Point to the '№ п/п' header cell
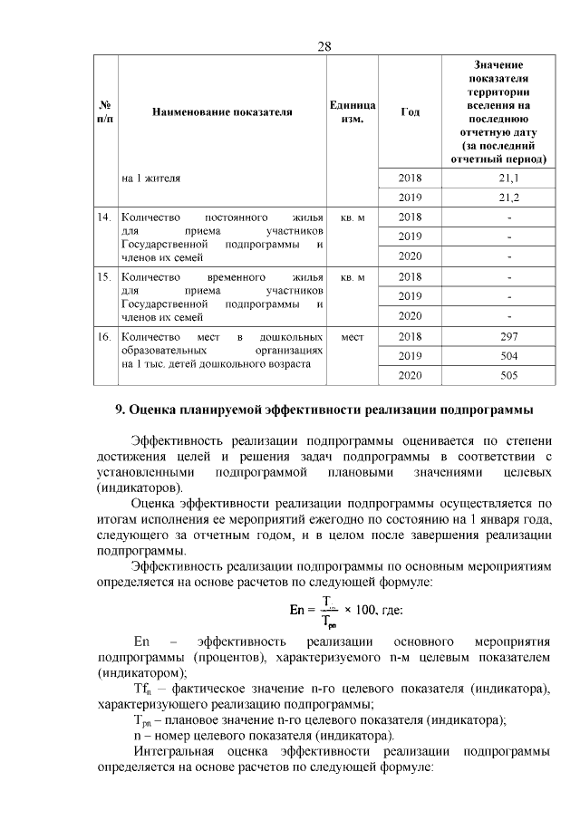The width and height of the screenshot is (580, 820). [105, 112]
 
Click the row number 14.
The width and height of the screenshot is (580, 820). [104, 217]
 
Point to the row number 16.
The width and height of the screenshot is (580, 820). [104, 336]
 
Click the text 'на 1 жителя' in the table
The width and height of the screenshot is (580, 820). [150, 178]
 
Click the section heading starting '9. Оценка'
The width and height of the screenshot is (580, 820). [324, 409]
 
